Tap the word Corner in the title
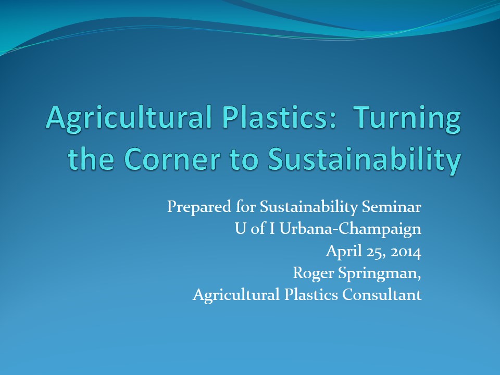pos(172,159)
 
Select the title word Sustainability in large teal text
pos(365,161)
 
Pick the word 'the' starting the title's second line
pos(91,158)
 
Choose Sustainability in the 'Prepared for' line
pos(309,207)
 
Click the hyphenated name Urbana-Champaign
pos(350,229)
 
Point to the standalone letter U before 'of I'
pos(240,229)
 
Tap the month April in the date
pos(344,251)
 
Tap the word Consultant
pos(382,294)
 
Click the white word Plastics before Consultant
pos(311,294)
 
